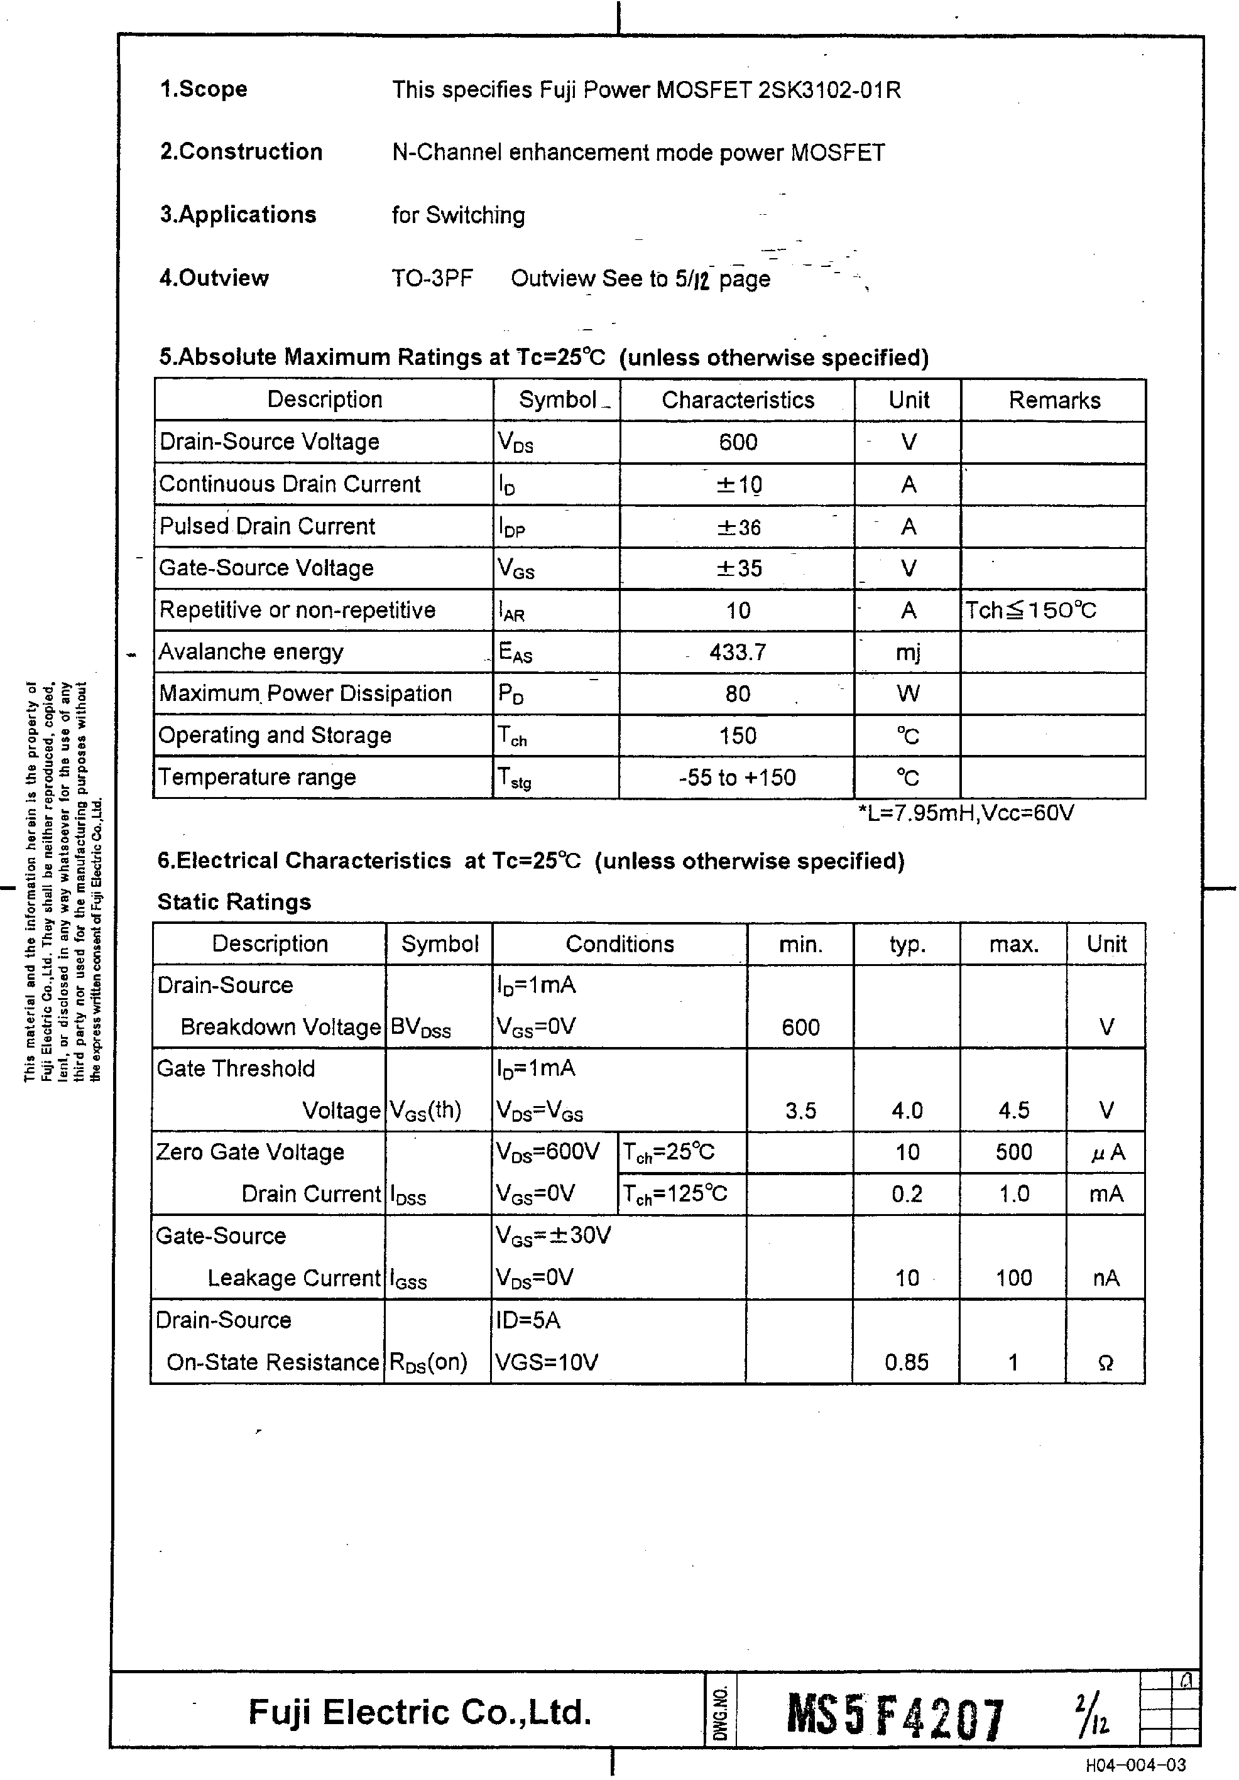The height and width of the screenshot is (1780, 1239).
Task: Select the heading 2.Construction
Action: (241, 151)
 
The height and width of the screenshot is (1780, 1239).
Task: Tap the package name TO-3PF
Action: (432, 278)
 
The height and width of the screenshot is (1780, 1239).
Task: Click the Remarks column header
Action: (1054, 400)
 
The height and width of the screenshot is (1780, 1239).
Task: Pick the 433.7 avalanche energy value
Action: (738, 652)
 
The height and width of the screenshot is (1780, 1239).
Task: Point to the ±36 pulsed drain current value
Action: (738, 527)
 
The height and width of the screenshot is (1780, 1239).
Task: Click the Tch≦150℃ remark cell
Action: (1030, 610)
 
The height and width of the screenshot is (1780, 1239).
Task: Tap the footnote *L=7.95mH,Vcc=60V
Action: (965, 813)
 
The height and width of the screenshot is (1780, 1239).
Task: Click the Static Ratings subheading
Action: (234, 902)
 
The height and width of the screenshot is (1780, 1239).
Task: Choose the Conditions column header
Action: (619, 943)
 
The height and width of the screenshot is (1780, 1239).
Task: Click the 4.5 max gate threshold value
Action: (1013, 1111)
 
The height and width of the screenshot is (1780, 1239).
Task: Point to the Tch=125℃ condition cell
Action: (675, 1194)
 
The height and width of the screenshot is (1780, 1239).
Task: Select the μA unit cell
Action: (1106, 1153)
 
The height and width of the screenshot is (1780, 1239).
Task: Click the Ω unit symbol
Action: (1106, 1363)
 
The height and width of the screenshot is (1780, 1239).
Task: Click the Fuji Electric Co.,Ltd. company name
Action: (420, 1712)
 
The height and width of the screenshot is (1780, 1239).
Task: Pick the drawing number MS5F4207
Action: (895, 1717)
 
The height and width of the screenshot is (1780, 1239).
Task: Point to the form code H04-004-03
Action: (1135, 1766)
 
